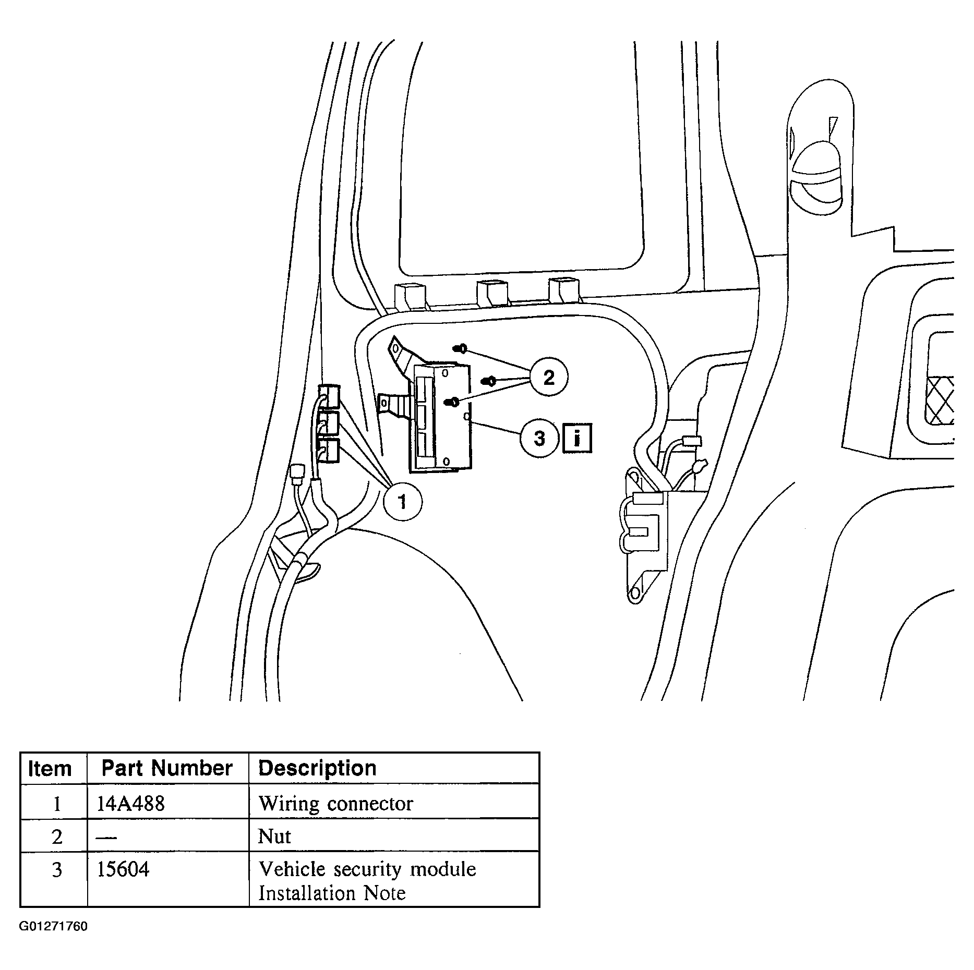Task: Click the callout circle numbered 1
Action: (x=402, y=502)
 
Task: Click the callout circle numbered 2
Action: (x=549, y=377)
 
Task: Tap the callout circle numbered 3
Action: (x=539, y=438)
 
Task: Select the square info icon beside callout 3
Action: (x=576, y=439)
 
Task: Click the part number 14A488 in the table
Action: (x=131, y=803)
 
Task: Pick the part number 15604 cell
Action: (x=123, y=869)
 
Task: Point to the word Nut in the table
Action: (x=274, y=836)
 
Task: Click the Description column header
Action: (x=317, y=768)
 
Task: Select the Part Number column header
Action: (x=167, y=768)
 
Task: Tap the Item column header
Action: (x=50, y=769)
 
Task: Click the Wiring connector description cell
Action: (x=335, y=803)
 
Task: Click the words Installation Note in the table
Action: (x=332, y=893)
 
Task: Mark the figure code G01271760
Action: (x=53, y=927)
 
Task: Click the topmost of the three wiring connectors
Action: (x=329, y=396)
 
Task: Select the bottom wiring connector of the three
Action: (x=328, y=451)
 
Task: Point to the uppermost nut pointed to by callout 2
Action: (x=461, y=348)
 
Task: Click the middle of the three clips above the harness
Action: (x=492, y=293)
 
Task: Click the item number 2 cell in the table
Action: (x=56, y=837)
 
